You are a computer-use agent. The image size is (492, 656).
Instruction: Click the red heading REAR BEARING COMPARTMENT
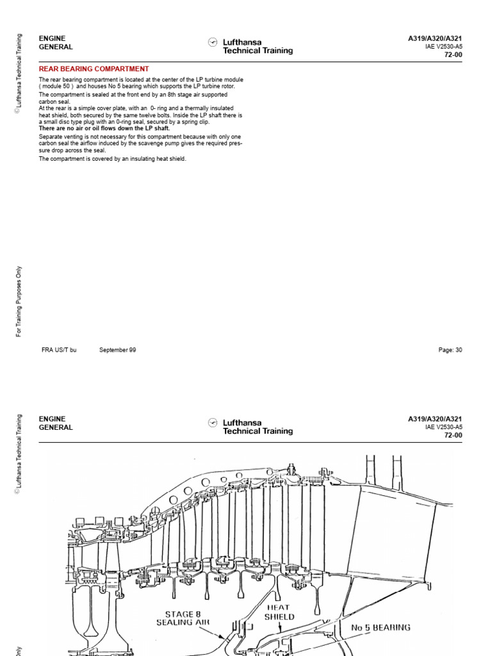tap(94, 69)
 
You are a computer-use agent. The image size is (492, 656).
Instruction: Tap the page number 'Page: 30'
tap(450, 350)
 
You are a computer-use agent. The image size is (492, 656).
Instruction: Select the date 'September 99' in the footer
tap(117, 350)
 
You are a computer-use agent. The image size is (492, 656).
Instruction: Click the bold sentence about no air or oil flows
tap(104, 128)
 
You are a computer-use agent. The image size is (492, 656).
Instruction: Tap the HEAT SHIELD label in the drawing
tap(279, 612)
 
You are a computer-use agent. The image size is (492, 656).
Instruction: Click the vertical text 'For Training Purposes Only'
tap(19, 301)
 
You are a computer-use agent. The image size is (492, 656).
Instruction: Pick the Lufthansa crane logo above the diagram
tap(213, 423)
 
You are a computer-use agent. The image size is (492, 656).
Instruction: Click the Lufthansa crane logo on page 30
tap(213, 42)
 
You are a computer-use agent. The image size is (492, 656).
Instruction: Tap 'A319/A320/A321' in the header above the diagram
tap(435, 419)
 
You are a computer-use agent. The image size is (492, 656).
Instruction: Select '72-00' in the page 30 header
tap(453, 55)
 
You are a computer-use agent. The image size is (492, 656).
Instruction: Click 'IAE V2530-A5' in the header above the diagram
tap(443, 427)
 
